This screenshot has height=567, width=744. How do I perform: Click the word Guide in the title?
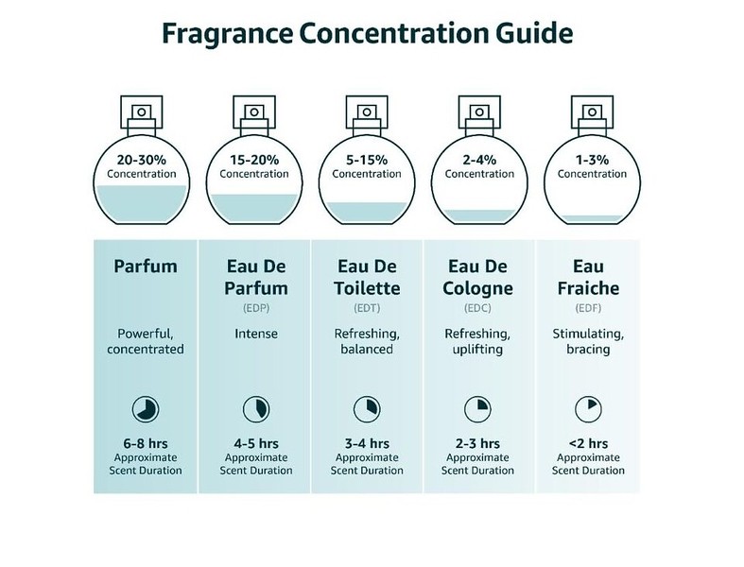525,35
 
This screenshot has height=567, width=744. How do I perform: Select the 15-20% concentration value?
253,159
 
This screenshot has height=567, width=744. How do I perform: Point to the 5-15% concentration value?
366,159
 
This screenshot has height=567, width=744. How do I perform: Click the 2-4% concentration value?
479,159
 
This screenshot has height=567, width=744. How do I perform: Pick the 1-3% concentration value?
592,159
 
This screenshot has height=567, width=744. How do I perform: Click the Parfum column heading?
145,266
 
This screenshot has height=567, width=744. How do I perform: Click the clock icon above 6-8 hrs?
145,408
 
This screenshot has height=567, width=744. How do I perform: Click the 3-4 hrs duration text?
368,442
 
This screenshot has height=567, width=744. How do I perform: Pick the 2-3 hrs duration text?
478,442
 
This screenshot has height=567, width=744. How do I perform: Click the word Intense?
256,333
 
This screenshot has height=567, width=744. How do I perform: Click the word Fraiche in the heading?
591,287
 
